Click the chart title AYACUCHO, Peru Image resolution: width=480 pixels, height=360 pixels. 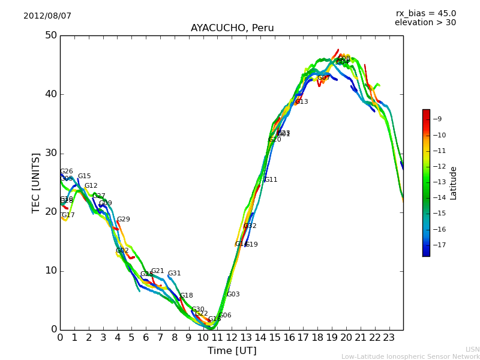point(232,28)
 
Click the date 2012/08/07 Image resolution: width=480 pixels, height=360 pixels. point(47,16)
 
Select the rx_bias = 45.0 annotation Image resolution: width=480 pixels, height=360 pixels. point(425,14)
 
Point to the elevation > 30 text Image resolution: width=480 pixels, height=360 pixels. point(425,23)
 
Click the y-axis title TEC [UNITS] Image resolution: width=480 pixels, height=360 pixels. point(36,182)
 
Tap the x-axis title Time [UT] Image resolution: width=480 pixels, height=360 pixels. point(232,351)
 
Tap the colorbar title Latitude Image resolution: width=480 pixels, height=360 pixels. point(454,183)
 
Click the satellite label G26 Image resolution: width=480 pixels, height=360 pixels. point(66,172)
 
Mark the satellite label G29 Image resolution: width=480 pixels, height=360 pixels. point(123,220)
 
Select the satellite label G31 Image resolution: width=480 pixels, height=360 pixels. point(174,274)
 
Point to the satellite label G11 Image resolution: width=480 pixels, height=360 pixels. point(271,180)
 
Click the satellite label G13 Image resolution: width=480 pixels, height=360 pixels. point(301,102)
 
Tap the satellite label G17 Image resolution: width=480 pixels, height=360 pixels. point(68,215)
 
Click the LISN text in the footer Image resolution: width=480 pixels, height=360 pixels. point(472,349)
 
